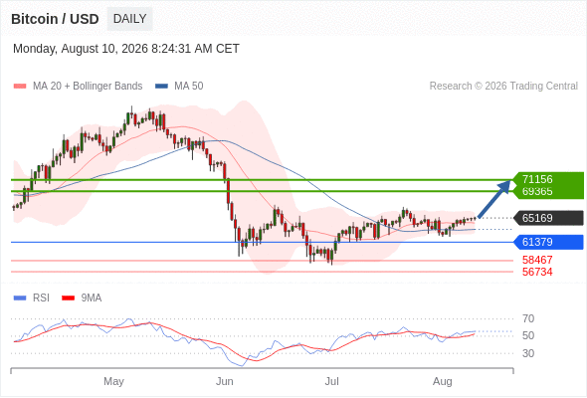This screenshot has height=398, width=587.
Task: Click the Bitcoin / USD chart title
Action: click(x=55, y=19)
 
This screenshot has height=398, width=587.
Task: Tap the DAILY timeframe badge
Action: click(x=129, y=19)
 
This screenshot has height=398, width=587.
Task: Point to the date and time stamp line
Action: click(x=126, y=49)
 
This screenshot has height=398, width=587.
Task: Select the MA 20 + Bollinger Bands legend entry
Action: click(x=78, y=87)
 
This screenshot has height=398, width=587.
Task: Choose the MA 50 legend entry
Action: click(x=179, y=87)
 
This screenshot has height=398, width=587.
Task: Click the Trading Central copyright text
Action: click(x=503, y=87)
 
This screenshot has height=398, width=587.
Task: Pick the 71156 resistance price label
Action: click(x=537, y=179)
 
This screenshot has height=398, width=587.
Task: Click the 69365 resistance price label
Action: click(x=537, y=191)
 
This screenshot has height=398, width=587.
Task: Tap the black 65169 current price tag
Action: click(x=548, y=218)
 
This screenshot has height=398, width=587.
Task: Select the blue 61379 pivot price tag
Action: click(x=548, y=242)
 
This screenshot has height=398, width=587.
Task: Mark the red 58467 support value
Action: click(x=537, y=260)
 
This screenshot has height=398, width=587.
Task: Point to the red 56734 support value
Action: click(x=537, y=272)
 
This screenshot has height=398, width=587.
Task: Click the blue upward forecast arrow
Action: click(x=494, y=198)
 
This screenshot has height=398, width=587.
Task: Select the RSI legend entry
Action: click(x=32, y=298)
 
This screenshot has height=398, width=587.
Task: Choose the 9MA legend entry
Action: click(x=82, y=298)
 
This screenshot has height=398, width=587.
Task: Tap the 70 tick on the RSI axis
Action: click(x=528, y=319)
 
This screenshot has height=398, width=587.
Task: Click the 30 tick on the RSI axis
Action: click(x=528, y=353)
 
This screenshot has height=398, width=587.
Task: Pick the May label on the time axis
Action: click(x=113, y=381)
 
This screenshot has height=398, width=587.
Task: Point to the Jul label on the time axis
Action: click(x=331, y=381)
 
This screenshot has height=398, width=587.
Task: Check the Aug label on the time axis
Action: click(x=443, y=381)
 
